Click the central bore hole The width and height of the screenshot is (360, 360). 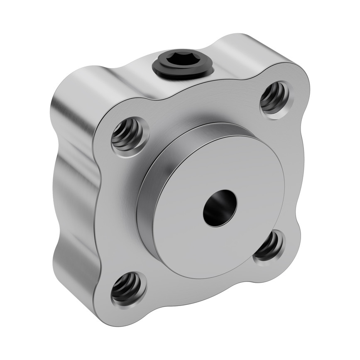(219, 208)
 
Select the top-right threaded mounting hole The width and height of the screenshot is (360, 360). (275, 98)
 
